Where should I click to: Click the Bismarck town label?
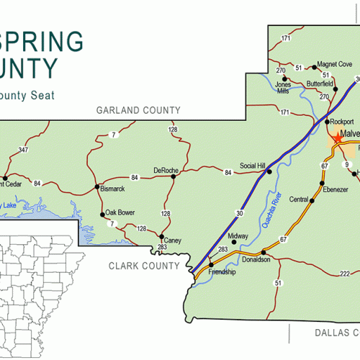click(x=113, y=189)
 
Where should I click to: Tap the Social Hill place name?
click(x=253, y=164)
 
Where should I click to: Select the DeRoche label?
click(x=166, y=170)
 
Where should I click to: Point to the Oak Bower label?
click(x=120, y=212)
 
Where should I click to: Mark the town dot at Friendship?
click(x=211, y=265)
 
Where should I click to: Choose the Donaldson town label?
click(x=257, y=259)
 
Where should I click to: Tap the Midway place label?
click(x=238, y=236)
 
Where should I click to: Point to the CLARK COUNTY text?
click(x=144, y=266)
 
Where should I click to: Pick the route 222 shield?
click(x=346, y=274)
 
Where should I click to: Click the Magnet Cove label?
click(x=335, y=64)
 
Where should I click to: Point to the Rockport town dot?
click(x=325, y=122)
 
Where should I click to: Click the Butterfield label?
click(x=320, y=84)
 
